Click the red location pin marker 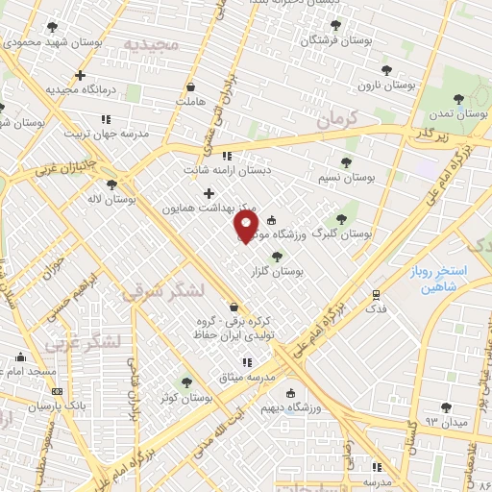point(246,227)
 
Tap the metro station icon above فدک point(376,295)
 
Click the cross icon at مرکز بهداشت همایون point(209,193)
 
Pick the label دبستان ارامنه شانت point(228,170)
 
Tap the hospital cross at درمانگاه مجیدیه point(80,75)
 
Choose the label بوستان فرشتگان point(335,40)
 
